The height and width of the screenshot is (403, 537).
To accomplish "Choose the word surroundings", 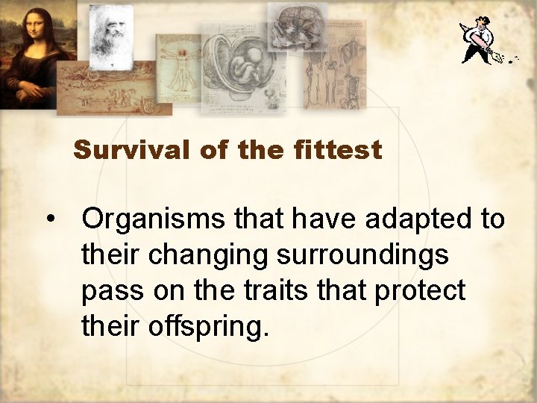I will (x=363, y=256).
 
